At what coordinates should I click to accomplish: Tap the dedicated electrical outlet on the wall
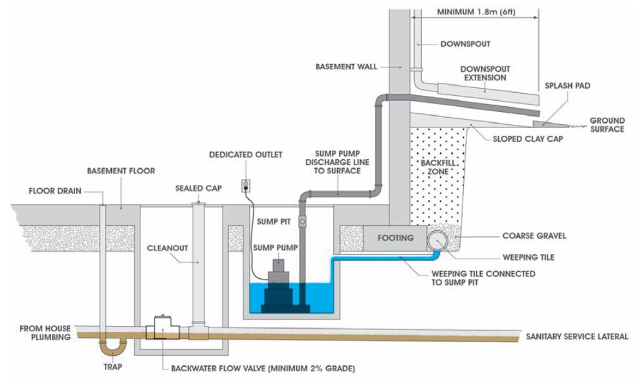coord(246,186)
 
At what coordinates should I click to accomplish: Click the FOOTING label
coord(395,238)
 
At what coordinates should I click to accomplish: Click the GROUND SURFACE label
coord(606,125)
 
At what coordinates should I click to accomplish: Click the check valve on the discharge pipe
coord(303,221)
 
